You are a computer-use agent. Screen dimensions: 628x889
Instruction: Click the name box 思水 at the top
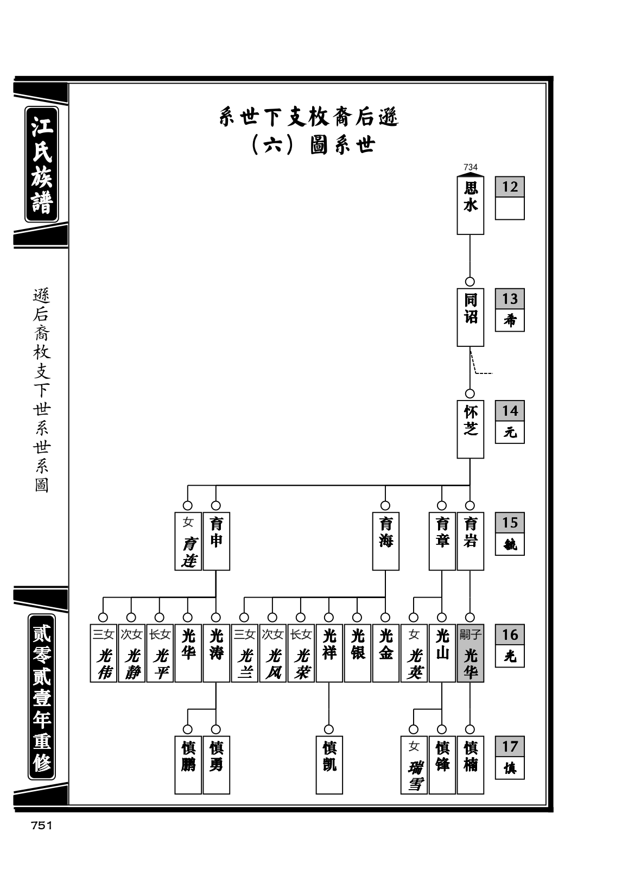click(x=470, y=205)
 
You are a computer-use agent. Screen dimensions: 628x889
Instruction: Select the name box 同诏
click(x=470, y=317)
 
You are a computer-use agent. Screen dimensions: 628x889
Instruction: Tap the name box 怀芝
click(x=470, y=429)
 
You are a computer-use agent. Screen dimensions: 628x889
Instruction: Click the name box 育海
click(x=385, y=541)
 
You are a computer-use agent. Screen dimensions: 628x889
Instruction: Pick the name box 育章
click(x=442, y=541)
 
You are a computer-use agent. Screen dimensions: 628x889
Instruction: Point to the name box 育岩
click(x=470, y=541)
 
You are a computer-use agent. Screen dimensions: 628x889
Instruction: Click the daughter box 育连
click(x=188, y=541)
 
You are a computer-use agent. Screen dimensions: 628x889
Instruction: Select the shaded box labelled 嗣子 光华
click(x=470, y=653)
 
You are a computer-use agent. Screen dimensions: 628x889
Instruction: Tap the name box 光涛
click(x=217, y=653)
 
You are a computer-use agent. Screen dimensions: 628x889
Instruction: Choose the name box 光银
click(x=357, y=653)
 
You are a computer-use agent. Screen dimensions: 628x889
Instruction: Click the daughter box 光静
click(x=131, y=653)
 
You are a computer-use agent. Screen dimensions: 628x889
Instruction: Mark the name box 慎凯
click(x=329, y=765)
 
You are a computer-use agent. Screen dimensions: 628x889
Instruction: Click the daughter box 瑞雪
click(x=414, y=765)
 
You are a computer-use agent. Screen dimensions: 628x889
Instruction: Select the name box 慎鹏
click(x=188, y=765)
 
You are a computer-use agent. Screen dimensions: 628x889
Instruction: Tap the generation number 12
click(x=510, y=187)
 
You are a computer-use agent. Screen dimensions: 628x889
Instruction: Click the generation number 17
click(x=510, y=746)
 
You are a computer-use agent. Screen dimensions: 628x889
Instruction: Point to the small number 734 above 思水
click(x=471, y=167)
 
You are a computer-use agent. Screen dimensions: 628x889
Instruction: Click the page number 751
click(x=42, y=825)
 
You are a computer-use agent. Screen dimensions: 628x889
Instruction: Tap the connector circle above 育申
click(x=216, y=506)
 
